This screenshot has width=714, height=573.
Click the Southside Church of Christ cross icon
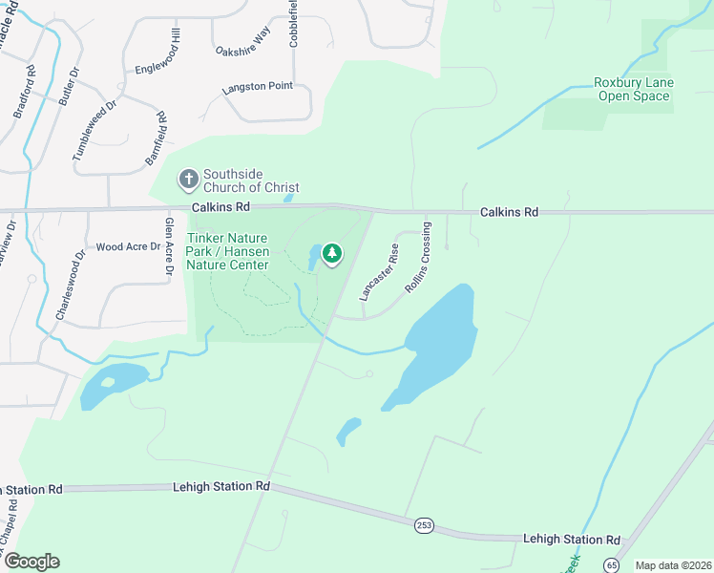click(189, 178)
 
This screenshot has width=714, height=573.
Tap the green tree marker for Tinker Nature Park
click(332, 253)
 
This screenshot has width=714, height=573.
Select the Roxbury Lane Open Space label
click(633, 89)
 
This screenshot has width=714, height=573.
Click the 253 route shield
click(424, 524)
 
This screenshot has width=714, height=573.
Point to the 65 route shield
click(609, 565)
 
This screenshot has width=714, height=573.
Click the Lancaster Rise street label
click(378, 272)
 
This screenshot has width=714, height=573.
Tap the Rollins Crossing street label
click(417, 257)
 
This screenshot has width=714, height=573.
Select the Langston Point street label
click(257, 87)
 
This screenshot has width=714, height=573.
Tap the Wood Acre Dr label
click(122, 246)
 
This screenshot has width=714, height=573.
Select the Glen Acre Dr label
click(169, 246)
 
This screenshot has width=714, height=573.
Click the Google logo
click(31, 562)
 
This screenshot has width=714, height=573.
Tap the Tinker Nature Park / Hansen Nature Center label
click(228, 251)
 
